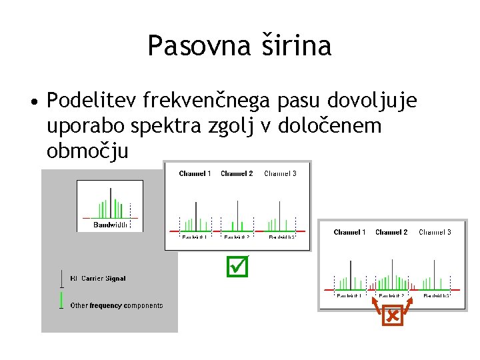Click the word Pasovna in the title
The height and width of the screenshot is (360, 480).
(x=194, y=46)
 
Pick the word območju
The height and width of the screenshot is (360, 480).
(x=87, y=151)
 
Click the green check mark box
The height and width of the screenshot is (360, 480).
(x=238, y=267)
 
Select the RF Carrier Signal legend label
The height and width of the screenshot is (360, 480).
(x=98, y=279)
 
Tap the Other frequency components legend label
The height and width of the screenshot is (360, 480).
(x=117, y=305)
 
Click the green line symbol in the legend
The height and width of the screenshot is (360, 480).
(x=61, y=299)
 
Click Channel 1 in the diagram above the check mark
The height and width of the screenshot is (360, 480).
(x=195, y=174)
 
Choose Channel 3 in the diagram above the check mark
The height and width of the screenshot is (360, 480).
(x=280, y=174)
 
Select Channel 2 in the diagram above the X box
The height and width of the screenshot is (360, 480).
(x=391, y=232)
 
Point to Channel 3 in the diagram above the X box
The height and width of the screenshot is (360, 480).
(x=435, y=232)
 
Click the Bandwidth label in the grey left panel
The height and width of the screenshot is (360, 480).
(x=110, y=225)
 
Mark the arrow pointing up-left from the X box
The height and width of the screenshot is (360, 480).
(x=377, y=305)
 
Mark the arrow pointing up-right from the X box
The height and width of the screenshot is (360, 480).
(x=407, y=305)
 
